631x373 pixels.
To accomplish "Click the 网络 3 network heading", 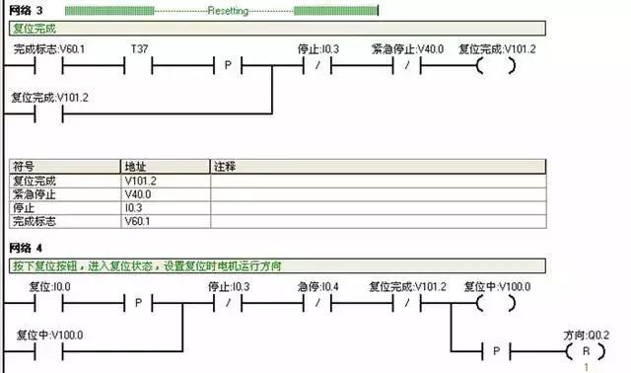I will (x=26, y=10).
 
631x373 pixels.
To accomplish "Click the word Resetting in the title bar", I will (x=234, y=10).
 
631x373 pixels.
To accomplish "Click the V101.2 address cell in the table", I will (x=141, y=182).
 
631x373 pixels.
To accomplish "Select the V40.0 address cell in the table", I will (x=139, y=194).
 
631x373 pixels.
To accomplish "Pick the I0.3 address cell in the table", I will (x=134, y=208).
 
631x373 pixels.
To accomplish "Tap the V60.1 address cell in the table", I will (x=139, y=222).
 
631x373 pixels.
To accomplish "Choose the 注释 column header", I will (x=226, y=167).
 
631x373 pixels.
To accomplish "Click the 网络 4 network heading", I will (x=26, y=246).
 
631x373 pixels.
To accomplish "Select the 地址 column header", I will (x=134, y=167).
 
